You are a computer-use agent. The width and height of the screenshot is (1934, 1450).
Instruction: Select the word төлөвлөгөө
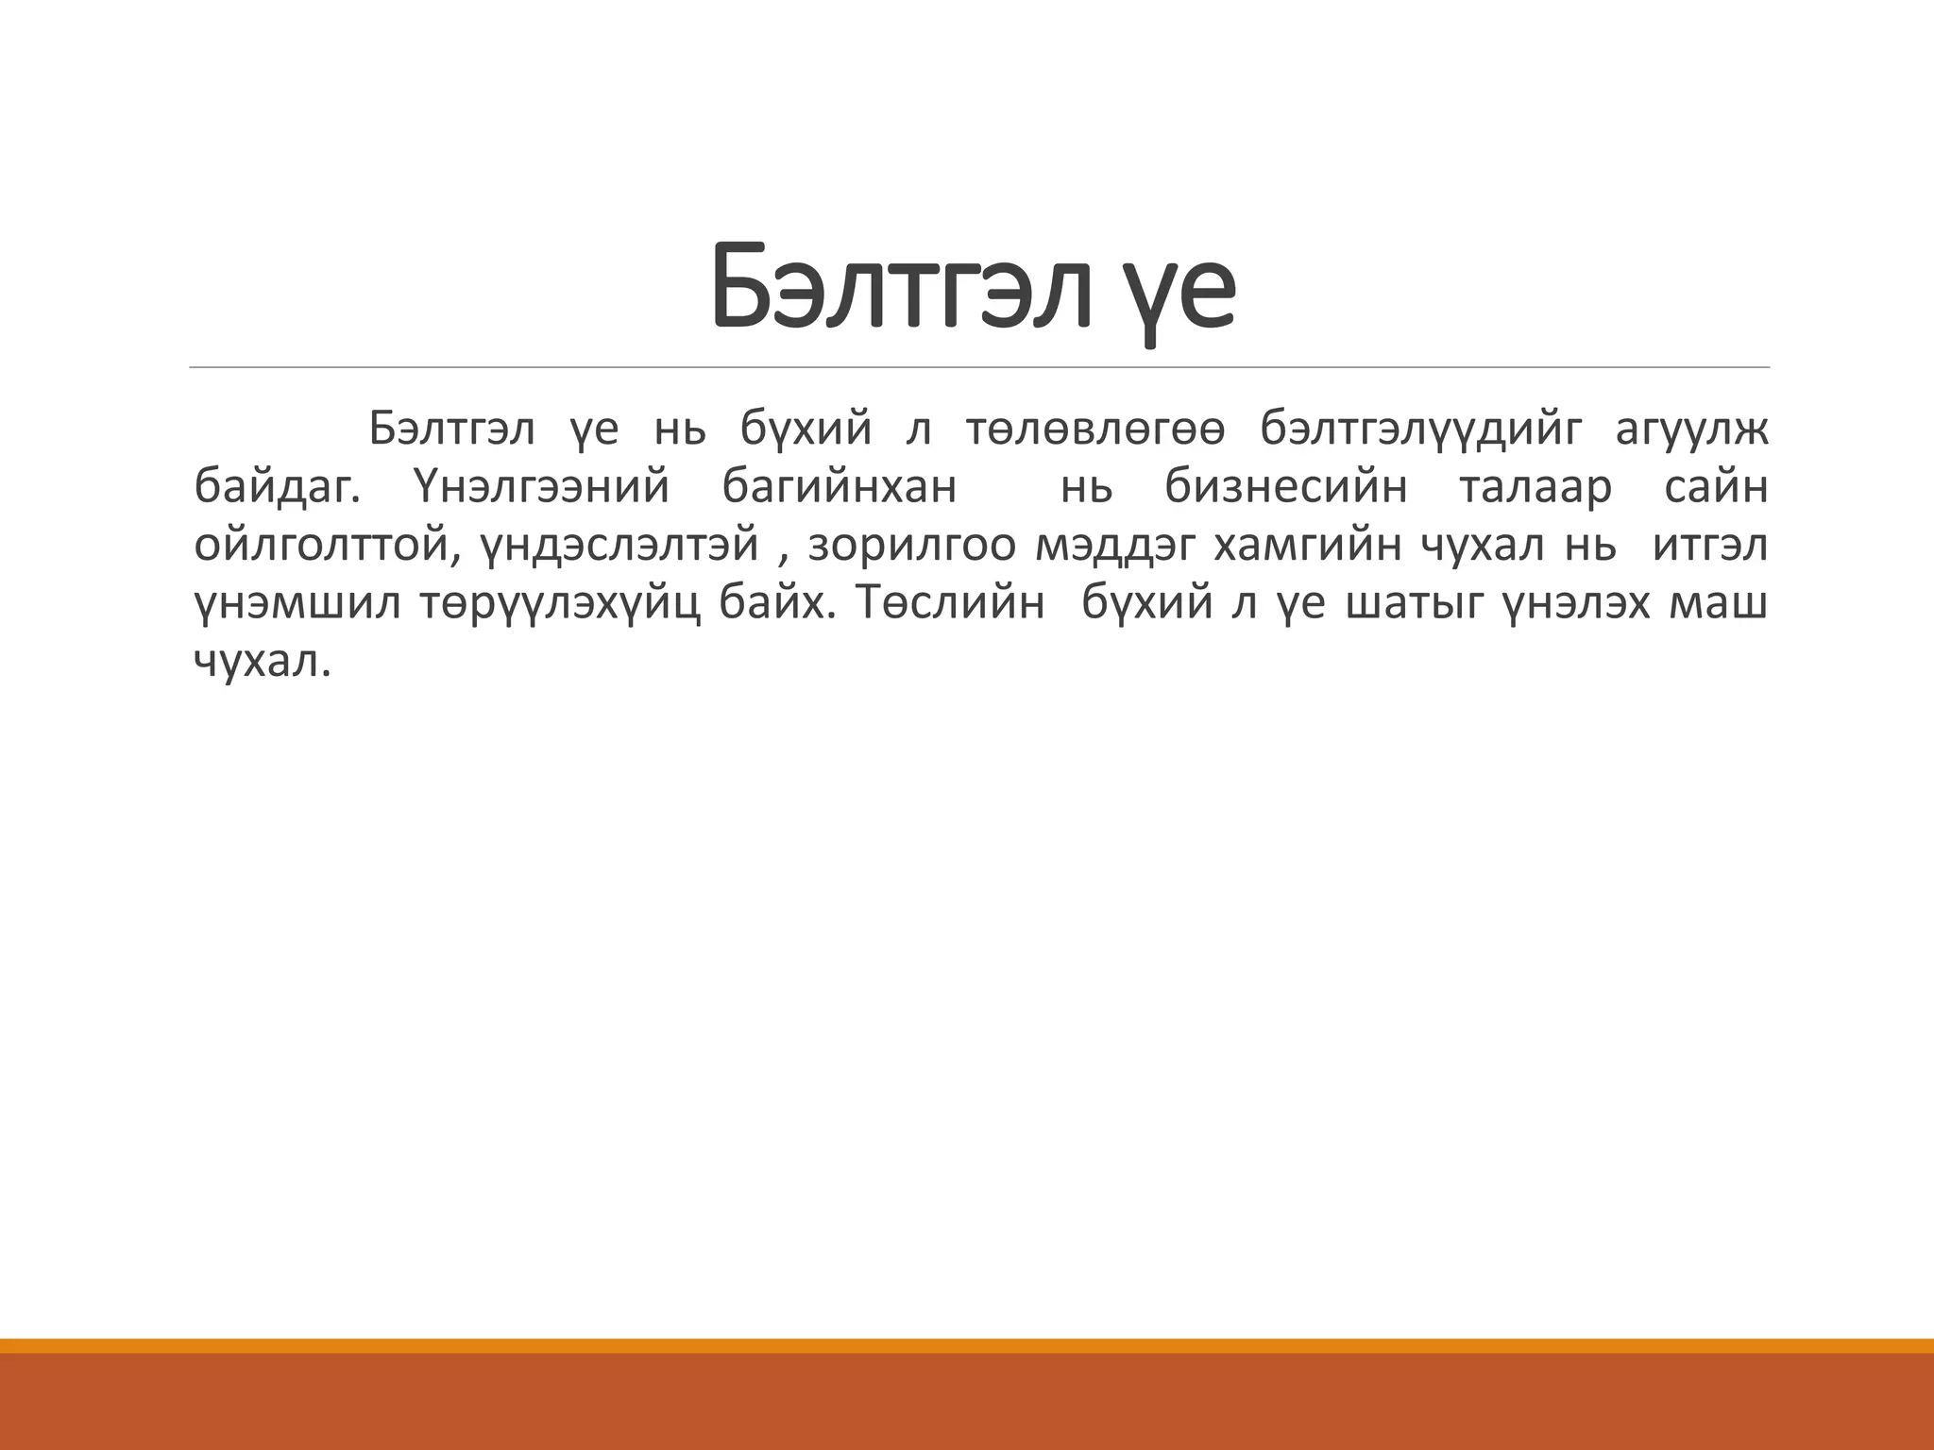pos(1095,430)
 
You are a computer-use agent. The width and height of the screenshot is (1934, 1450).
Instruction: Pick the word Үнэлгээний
pos(541,489)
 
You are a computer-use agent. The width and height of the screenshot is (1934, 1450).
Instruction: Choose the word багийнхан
pos(840,489)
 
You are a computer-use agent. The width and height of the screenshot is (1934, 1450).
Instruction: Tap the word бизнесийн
pos(1285,489)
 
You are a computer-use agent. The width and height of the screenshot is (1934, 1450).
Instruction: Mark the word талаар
pos(1535,488)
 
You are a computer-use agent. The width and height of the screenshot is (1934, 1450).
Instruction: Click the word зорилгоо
pos(910,547)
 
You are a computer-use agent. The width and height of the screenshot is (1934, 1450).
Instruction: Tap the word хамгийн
pos(1309,546)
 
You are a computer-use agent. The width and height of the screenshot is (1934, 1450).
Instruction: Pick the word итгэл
pos(1710,546)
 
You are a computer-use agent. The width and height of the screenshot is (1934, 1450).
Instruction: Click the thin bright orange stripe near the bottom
pos(967,1345)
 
